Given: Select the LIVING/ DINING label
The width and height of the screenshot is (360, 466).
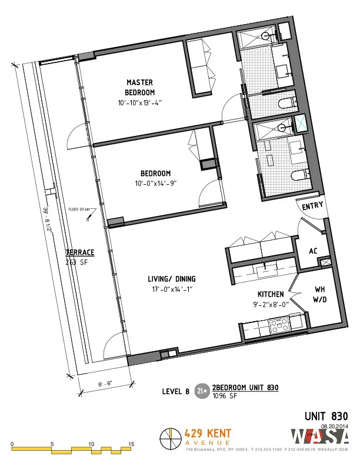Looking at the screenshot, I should click(172, 279).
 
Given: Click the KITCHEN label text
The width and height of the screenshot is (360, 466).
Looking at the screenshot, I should click(271, 294).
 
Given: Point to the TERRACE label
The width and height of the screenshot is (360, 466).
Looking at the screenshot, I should click(79, 252).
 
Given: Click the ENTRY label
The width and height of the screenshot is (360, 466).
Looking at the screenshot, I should click(312, 207).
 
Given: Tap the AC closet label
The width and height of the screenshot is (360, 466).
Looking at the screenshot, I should click(314, 251).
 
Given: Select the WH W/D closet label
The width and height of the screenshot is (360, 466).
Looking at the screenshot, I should click(319, 294).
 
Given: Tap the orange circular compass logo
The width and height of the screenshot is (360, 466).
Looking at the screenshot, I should click(171, 438).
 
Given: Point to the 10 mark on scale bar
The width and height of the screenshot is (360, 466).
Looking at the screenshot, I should click(91, 444).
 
